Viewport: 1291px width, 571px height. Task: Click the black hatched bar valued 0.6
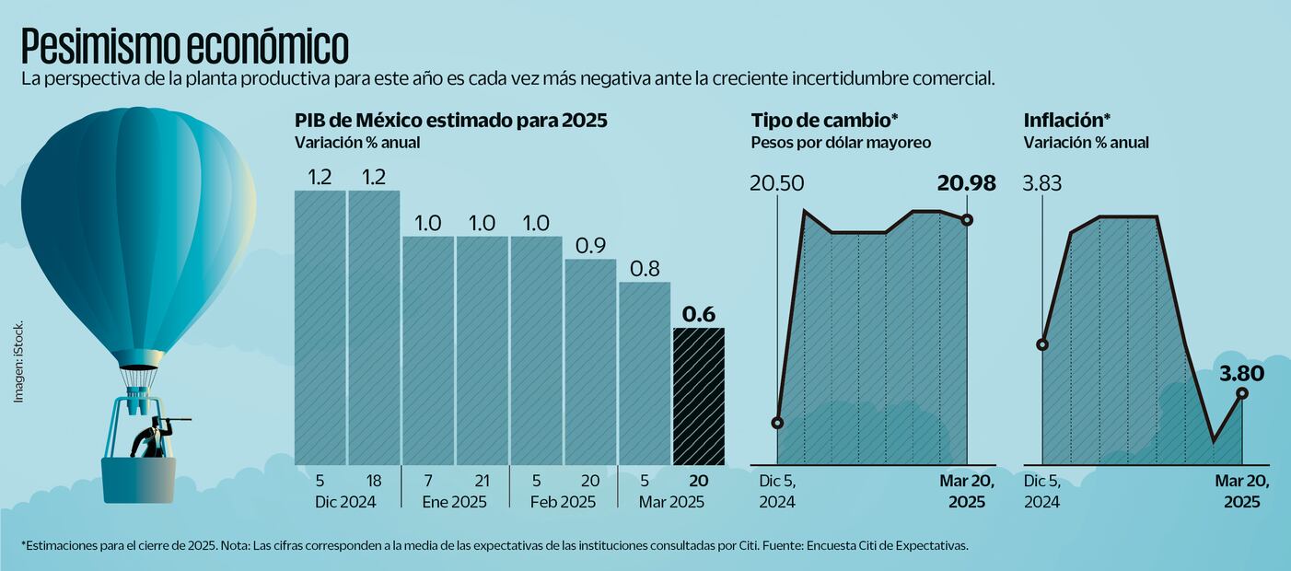pyautogui.click(x=699, y=396)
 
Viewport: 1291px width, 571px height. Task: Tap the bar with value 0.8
pyautogui.click(x=645, y=373)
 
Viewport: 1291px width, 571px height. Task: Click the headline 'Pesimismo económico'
pyautogui.click(x=184, y=45)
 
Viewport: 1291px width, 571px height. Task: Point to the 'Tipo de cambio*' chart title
pyautogui.click(x=824, y=120)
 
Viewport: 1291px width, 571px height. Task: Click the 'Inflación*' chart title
pyautogui.click(x=1066, y=120)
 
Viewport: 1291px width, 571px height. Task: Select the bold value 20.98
pyautogui.click(x=966, y=183)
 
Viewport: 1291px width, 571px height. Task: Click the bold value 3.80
pyautogui.click(x=1241, y=373)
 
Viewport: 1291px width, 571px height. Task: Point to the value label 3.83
pyautogui.click(x=1042, y=183)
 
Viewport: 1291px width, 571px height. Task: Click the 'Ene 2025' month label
pyautogui.click(x=454, y=502)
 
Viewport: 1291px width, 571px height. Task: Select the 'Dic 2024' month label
pyautogui.click(x=346, y=502)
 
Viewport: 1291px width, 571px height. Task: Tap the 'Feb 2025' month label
pyautogui.click(x=563, y=502)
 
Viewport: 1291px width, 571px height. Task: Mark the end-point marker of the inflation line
pyautogui.click(x=1242, y=393)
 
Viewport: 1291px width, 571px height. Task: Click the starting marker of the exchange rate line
pyautogui.click(x=777, y=423)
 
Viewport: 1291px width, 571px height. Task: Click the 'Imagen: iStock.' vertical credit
pyautogui.click(x=17, y=360)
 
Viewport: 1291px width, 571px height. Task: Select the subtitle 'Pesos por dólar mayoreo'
pyautogui.click(x=841, y=143)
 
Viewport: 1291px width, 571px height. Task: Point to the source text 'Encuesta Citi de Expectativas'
pyautogui.click(x=887, y=545)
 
